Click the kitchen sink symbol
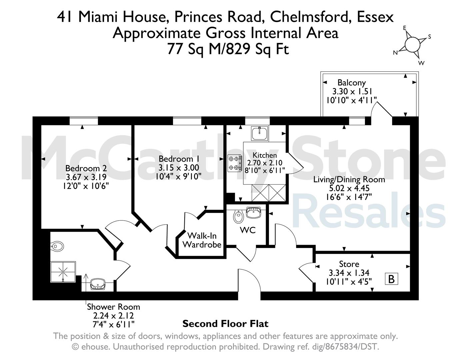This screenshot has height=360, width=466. (260, 133)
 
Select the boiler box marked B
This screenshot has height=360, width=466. (391, 279)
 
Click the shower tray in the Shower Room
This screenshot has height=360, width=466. (63, 272)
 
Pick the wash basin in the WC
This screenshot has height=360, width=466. (253, 212)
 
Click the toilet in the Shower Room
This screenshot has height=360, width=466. (57, 246)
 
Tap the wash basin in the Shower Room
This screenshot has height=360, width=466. (98, 284)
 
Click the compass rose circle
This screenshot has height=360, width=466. (412, 45)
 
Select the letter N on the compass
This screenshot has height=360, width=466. (395, 53)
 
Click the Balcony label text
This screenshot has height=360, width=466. (351, 83)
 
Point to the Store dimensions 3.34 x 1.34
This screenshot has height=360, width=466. (349, 273)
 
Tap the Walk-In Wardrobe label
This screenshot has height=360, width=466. (202, 240)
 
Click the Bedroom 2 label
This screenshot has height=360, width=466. (86, 168)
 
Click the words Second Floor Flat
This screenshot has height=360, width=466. (225, 324)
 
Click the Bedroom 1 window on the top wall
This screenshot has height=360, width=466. (187, 121)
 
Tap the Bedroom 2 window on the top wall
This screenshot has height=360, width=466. (84, 121)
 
